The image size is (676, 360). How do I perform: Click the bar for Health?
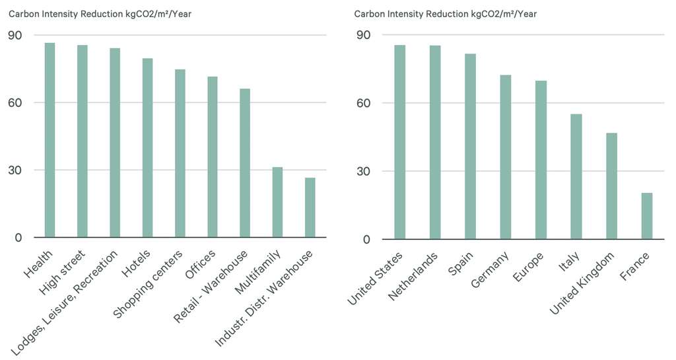click(x=50, y=140)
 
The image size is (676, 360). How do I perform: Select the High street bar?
click(x=83, y=141)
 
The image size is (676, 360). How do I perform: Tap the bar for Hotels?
click(x=147, y=148)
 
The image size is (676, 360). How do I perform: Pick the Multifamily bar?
click(x=277, y=202)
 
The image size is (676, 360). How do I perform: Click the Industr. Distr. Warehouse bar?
click(x=310, y=207)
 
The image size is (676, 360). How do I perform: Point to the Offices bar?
click(x=213, y=157)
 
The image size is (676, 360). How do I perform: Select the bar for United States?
click(x=399, y=142)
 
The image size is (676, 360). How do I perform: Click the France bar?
click(x=646, y=216)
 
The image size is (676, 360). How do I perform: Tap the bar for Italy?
click(x=576, y=176)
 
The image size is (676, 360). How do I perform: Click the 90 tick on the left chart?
click(x=15, y=35)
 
